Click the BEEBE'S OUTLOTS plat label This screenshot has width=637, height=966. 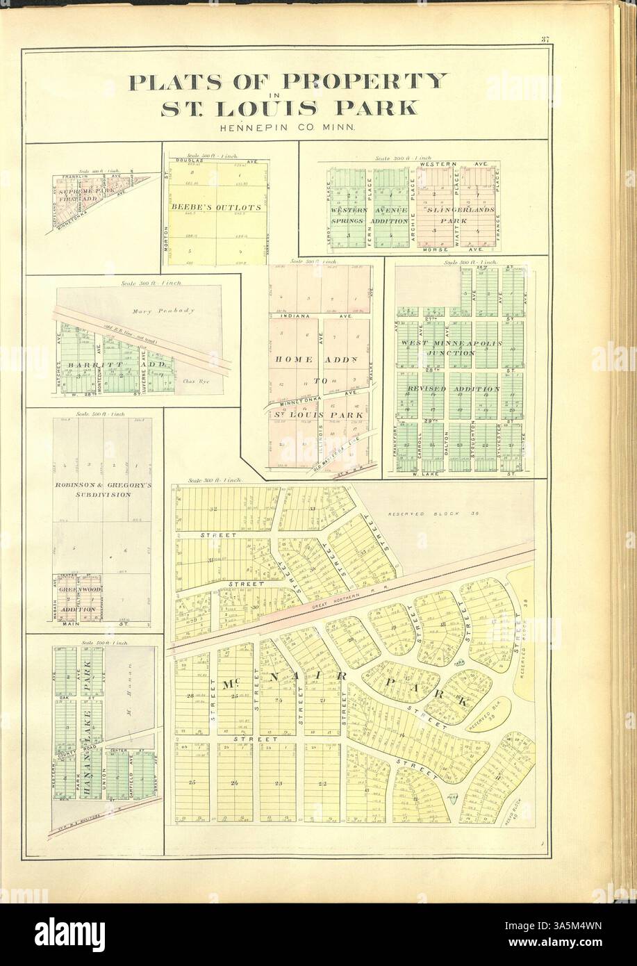coord(216,207)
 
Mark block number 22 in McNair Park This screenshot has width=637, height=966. coord(322,783)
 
